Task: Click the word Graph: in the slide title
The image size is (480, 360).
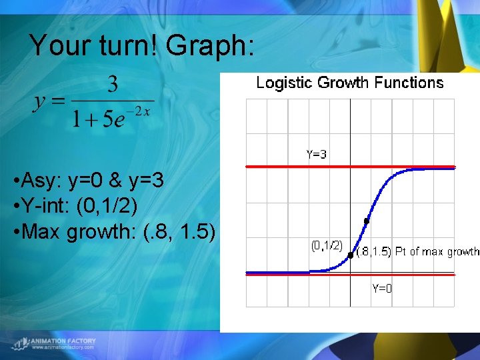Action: click(x=210, y=45)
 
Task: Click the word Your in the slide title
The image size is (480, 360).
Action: click(x=59, y=45)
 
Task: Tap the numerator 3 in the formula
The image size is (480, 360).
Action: click(x=113, y=84)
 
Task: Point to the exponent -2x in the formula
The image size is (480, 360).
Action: click(x=141, y=111)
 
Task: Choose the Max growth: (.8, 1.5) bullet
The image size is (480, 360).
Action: click(x=114, y=231)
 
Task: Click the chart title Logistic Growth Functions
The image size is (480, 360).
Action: click(x=350, y=83)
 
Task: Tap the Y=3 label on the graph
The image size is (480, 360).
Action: click(x=317, y=154)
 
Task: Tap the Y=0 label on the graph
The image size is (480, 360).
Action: click(x=382, y=288)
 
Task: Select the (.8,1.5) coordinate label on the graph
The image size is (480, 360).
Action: click(x=373, y=251)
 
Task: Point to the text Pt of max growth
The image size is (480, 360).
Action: click(x=437, y=251)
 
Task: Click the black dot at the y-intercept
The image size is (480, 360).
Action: click(x=351, y=255)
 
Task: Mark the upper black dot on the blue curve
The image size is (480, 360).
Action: click(x=366, y=221)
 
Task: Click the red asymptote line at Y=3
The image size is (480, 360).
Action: click(x=280, y=167)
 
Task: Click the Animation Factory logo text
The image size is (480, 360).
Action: click(x=63, y=341)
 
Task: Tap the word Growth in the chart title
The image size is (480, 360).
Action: click(x=344, y=83)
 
